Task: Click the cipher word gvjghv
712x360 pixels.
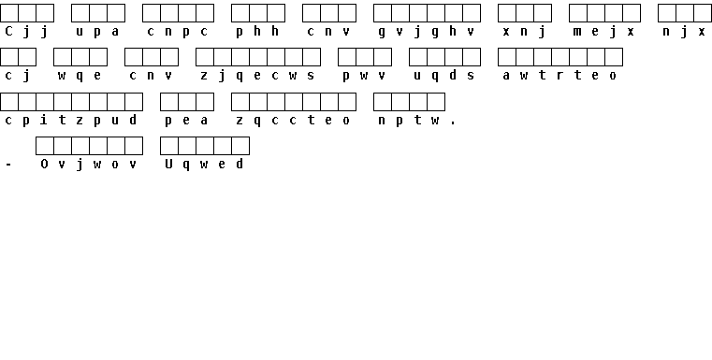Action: (427, 32)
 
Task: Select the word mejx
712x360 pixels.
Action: (604, 32)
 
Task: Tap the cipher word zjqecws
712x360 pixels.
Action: (258, 76)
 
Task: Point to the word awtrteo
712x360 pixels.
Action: (559, 76)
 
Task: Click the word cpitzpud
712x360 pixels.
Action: (71, 121)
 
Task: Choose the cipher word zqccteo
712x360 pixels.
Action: (294, 121)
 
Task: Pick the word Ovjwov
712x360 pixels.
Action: (89, 165)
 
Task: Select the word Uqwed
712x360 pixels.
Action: (204, 165)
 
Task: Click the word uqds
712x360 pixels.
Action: (444, 76)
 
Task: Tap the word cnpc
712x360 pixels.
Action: (178, 32)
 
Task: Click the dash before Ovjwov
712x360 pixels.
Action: (8, 165)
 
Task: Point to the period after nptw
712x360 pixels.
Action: (453, 123)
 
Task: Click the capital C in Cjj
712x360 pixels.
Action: (8, 31)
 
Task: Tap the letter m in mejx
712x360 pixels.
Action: (577, 32)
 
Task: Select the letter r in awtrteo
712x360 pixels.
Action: (559, 76)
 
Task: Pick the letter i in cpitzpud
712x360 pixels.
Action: (44, 120)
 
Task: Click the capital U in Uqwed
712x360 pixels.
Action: (168, 164)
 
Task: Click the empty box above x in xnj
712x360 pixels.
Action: (507, 13)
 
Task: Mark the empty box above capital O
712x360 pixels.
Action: (45, 146)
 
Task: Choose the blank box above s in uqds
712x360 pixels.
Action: (472, 57)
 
